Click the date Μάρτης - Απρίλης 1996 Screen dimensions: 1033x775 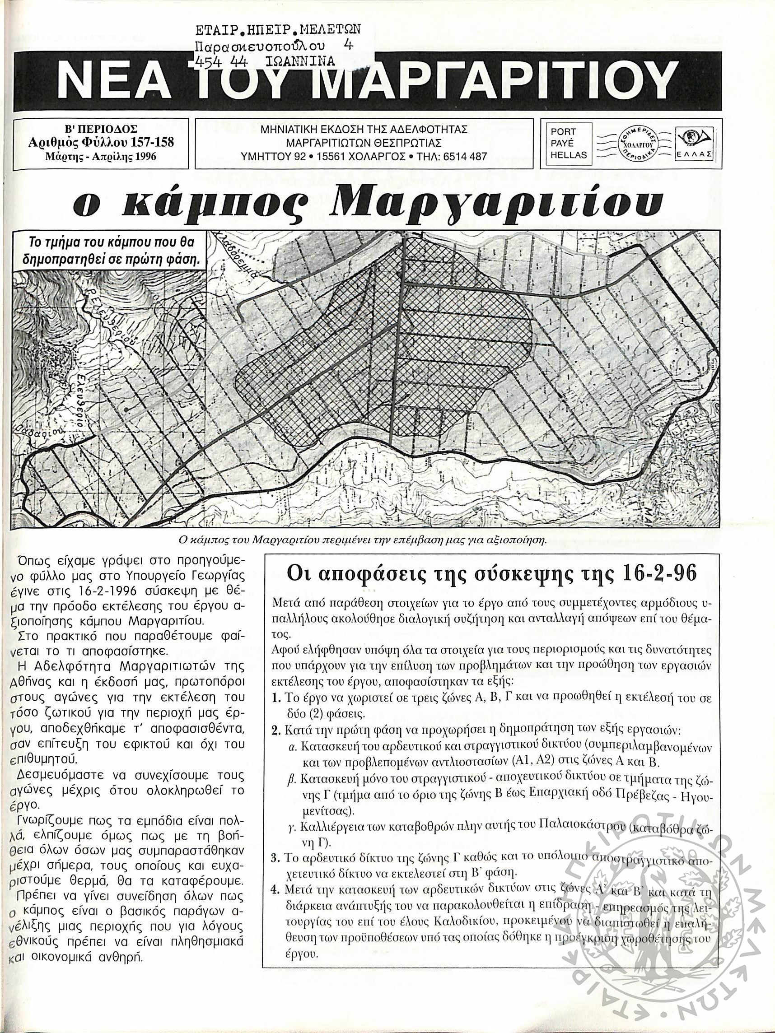101,157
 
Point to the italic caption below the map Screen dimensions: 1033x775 363,541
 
